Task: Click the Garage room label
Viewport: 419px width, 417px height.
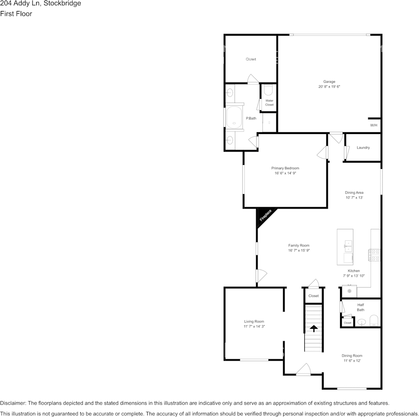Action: [329, 82]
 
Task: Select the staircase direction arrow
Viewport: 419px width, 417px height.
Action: [314, 328]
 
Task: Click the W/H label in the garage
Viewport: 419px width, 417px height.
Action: [374, 125]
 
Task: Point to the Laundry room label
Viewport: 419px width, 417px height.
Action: [363, 148]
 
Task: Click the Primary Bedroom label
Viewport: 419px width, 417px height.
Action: [285, 168]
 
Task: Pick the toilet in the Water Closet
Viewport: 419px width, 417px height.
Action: [269, 90]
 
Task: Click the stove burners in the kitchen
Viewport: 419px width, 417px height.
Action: [374, 255]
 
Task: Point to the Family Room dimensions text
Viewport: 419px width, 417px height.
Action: [299, 250]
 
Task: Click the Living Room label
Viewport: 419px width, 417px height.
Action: [254, 321]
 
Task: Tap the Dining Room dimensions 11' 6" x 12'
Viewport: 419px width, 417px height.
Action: [352, 361]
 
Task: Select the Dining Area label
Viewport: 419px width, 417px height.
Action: [354, 193]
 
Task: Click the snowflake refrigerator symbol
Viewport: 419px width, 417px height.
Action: [349, 291]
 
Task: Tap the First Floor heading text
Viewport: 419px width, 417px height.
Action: [16, 14]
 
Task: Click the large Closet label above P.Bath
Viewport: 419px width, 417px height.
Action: [251, 59]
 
